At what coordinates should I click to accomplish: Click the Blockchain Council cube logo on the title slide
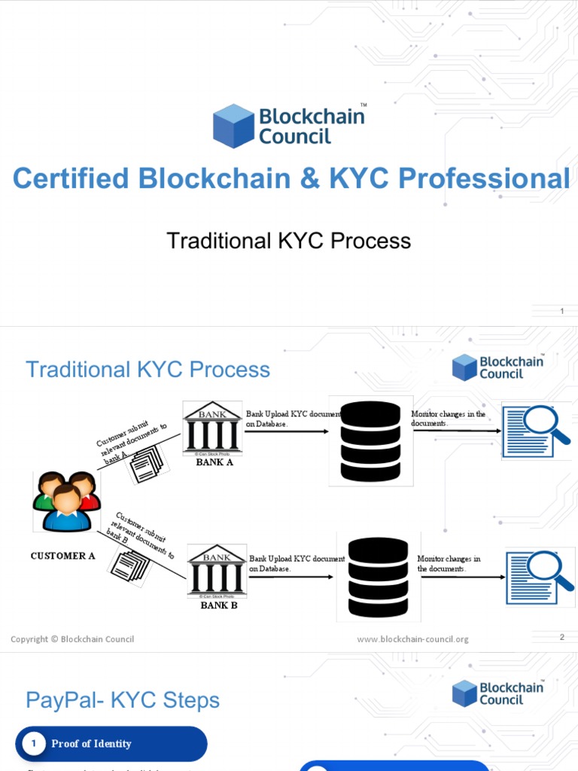tap(233, 126)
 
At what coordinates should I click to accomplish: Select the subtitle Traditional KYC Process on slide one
tap(288, 241)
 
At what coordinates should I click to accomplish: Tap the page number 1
tap(561, 312)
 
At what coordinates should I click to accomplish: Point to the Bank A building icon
tap(212, 428)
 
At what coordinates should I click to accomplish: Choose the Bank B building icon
tap(216, 571)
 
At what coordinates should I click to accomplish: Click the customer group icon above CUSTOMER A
tap(66, 501)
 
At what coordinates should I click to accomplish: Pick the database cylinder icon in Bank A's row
tap(370, 440)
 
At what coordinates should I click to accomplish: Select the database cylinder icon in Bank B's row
tap(378, 577)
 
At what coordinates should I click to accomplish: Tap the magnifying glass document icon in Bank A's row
tap(537, 431)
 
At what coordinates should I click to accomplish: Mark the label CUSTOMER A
tap(62, 556)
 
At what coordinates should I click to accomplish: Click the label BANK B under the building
tap(219, 605)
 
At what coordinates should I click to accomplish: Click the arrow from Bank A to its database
tap(287, 431)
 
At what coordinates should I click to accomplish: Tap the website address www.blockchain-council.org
tap(412, 639)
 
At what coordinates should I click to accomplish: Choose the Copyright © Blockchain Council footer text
tap(72, 639)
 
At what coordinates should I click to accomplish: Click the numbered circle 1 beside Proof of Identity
tap(33, 744)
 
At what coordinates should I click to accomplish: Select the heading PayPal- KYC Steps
tap(123, 700)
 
